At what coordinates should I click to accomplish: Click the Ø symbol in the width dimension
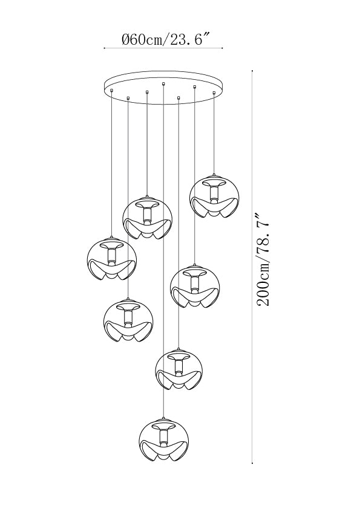pos(126,40)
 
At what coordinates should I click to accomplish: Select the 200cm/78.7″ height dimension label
pos(263,260)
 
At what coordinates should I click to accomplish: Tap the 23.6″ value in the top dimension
pos(188,40)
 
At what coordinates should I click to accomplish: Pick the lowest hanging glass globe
pos(163,439)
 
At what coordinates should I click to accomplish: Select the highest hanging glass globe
pos(214,196)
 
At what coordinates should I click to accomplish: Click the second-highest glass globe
pos(148,218)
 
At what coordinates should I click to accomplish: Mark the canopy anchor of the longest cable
pos(163,85)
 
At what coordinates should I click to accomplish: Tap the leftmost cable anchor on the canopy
pos(111,90)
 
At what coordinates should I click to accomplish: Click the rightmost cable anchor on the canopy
pos(214,93)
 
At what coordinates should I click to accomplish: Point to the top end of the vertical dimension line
pos(252,71)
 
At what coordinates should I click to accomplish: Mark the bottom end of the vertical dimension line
pos(252,463)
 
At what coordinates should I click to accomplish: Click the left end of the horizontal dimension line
pos(104,48)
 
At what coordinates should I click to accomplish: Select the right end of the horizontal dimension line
pos(222,48)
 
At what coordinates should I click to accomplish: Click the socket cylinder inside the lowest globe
pos(163,436)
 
